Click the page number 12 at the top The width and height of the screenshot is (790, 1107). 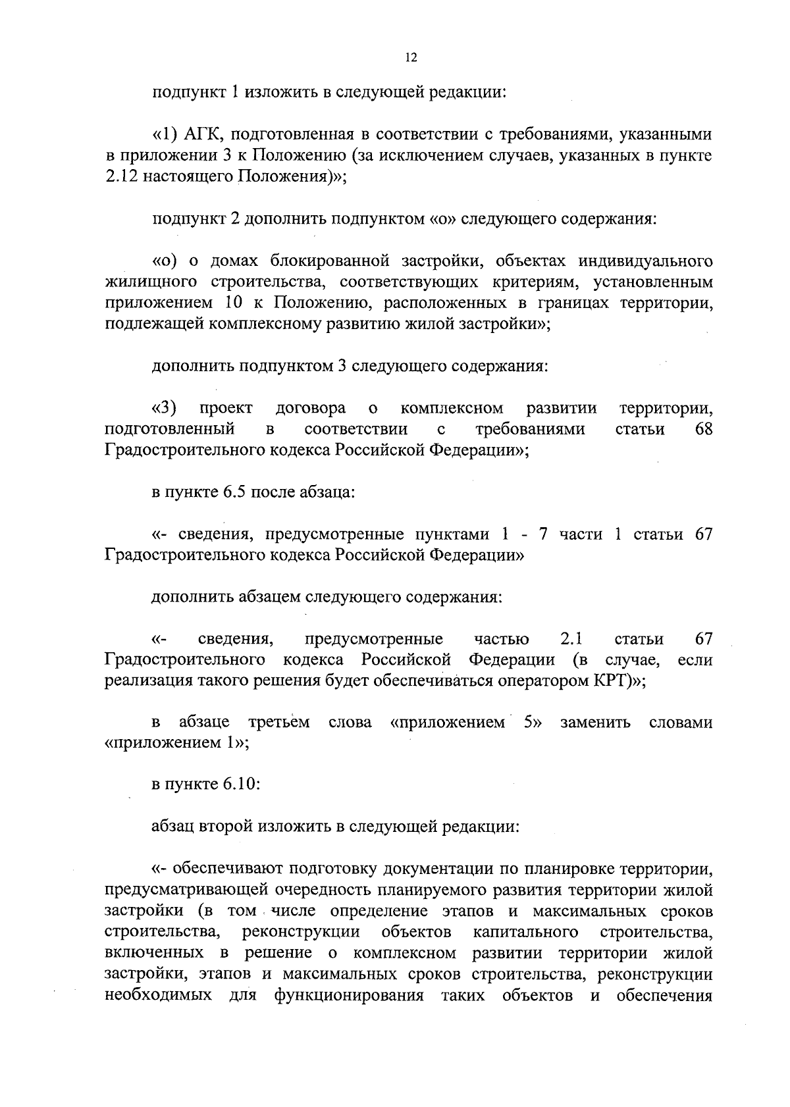(411, 58)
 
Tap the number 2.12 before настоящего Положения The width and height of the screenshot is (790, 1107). (120, 177)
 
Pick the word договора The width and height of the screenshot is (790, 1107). (311, 409)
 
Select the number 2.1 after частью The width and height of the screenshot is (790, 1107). (571, 639)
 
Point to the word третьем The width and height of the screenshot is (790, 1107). (278, 723)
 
